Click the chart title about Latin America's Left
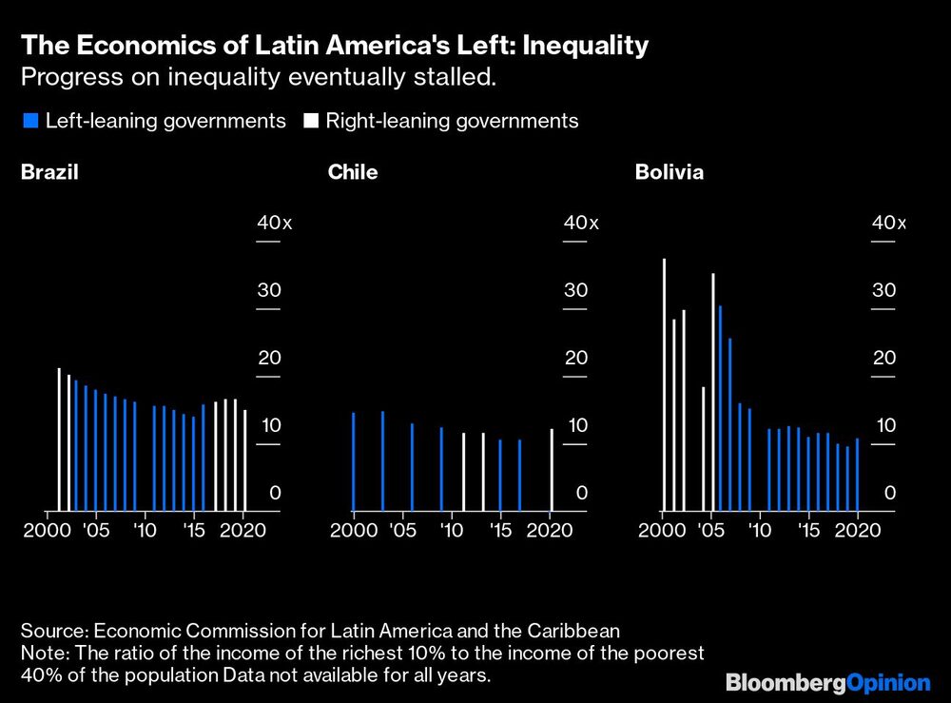point(336,45)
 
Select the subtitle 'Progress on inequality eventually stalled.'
point(258,77)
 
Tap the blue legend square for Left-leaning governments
point(29,121)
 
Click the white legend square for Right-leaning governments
point(311,121)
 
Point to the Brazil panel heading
point(49,172)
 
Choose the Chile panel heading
point(353,172)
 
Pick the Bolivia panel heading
point(670,172)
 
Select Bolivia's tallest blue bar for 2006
point(720,408)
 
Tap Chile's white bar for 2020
point(552,470)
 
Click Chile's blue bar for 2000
point(353,461)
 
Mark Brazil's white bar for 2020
point(245,460)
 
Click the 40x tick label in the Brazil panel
point(275,223)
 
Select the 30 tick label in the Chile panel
point(576,290)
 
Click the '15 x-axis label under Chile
point(500,530)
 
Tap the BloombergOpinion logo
point(827,682)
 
